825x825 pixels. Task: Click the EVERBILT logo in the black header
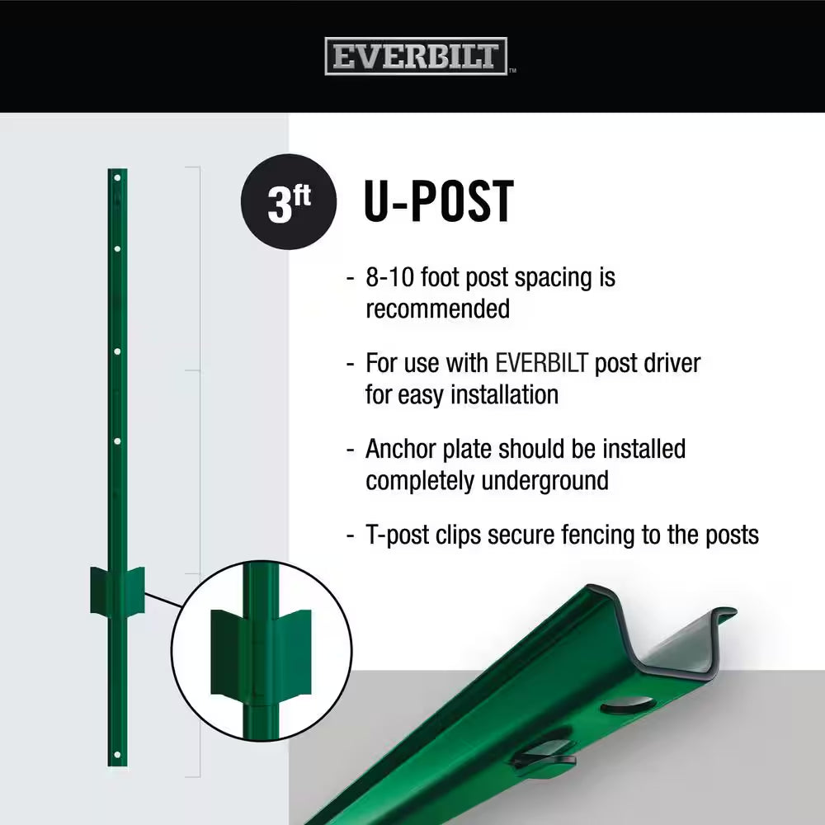(x=416, y=56)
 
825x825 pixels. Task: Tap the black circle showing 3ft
(x=288, y=201)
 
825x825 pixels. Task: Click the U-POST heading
(x=438, y=201)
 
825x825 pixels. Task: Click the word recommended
(x=438, y=309)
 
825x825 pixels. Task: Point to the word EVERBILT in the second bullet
(x=541, y=363)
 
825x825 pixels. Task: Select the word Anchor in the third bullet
(x=401, y=449)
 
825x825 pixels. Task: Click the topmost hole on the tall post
(x=117, y=178)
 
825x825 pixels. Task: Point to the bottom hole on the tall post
(x=117, y=756)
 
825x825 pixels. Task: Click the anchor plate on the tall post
(x=117, y=590)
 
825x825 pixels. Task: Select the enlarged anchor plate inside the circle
(x=261, y=653)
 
